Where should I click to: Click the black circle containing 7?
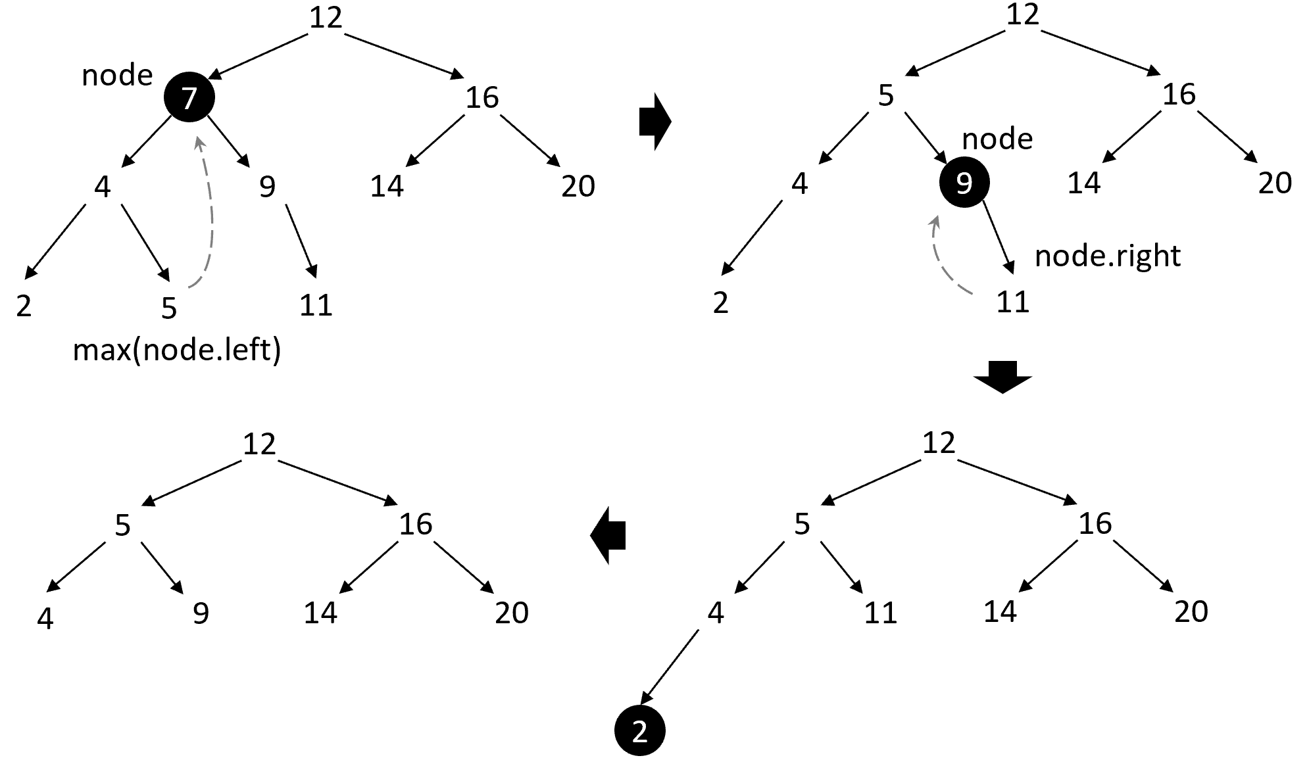pyautogui.click(x=189, y=97)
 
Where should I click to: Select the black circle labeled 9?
pyautogui.click(x=964, y=182)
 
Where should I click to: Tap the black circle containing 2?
pyautogui.click(x=640, y=731)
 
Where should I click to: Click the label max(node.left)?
pyautogui.click(x=176, y=350)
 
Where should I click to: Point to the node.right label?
pyautogui.click(x=1108, y=255)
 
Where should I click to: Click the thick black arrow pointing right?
pyautogui.click(x=654, y=122)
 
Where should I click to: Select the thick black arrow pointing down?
pyautogui.click(x=1002, y=377)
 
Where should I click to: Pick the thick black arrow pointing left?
pyautogui.click(x=608, y=534)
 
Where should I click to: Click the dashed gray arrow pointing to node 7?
pyautogui.click(x=207, y=210)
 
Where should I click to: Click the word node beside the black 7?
pyautogui.click(x=117, y=76)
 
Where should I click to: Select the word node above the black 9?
pyautogui.click(x=997, y=139)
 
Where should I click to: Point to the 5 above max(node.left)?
pyautogui.click(x=169, y=308)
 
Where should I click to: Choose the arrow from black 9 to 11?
pyautogui.click(x=999, y=237)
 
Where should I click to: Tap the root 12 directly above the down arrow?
pyautogui.click(x=939, y=442)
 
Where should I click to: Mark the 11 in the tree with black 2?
pyautogui.click(x=880, y=613)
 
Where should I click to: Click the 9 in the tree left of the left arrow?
pyautogui.click(x=201, y=613)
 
